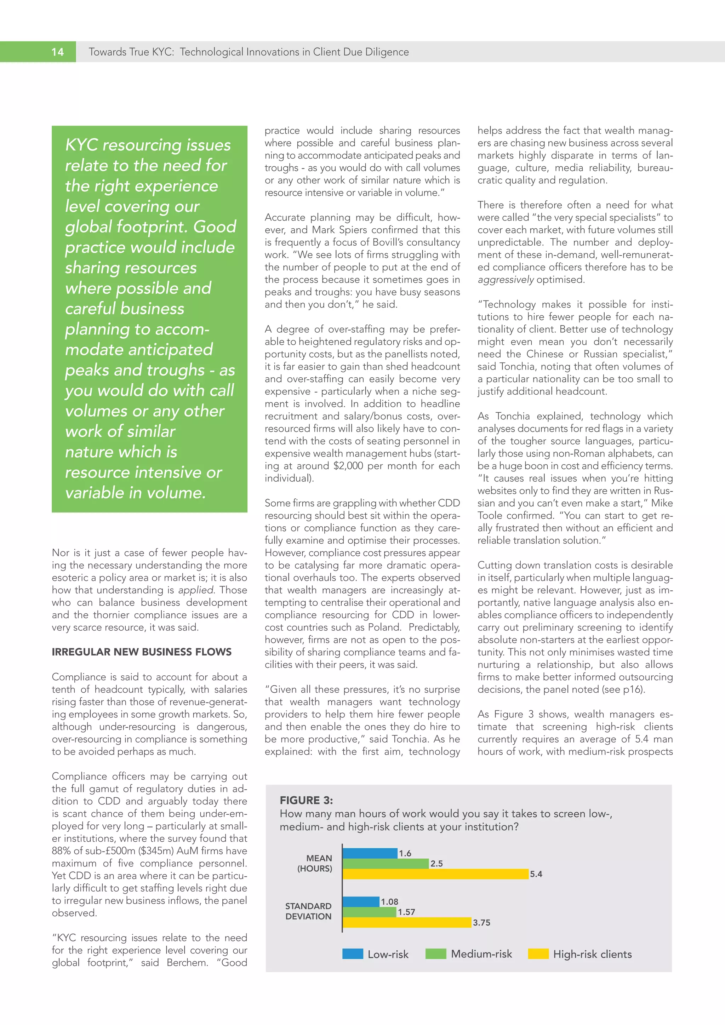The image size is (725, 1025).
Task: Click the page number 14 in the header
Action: click(58, 52)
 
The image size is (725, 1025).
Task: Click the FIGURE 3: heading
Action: click(306, 800)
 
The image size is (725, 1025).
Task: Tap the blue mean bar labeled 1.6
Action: click(370, 853)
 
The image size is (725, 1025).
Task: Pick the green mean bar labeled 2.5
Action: click(386, 863)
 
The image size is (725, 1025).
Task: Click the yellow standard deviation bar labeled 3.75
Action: click(407, 922)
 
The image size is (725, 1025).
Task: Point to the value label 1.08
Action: click(389, 901)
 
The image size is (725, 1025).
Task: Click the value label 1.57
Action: click(406, 912)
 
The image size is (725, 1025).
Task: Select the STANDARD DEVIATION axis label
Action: click(308, 911)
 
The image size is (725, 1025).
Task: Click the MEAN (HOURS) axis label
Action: click(315, 863)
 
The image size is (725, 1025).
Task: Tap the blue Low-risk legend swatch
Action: click(353, 954)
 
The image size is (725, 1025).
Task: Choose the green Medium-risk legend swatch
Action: click(436, 954)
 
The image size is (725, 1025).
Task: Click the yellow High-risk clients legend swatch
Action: click(538, 954)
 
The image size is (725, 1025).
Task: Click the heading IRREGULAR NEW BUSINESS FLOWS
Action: click(142, 652)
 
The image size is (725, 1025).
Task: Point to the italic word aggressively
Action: click(506, 280)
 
